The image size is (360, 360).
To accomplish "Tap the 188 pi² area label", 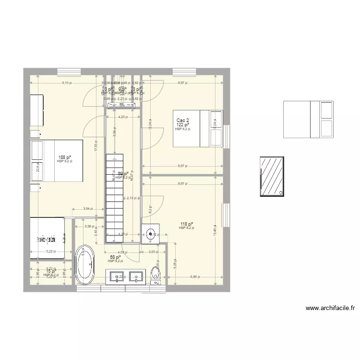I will coord(64,157).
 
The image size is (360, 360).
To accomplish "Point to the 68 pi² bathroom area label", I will coord(115,257).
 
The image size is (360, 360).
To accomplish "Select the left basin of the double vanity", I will coord(117,276).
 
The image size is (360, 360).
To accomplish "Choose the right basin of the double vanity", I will coord(138,276).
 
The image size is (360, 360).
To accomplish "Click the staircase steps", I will coord(115,192).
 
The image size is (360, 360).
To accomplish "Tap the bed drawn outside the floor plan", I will coord(308,119).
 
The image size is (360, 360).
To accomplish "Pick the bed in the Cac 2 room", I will coord(198,128).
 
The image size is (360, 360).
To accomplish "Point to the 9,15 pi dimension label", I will coord(67,83).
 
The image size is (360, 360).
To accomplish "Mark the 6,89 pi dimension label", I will coord(195,276).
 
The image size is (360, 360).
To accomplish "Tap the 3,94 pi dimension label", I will coord(86,209).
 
